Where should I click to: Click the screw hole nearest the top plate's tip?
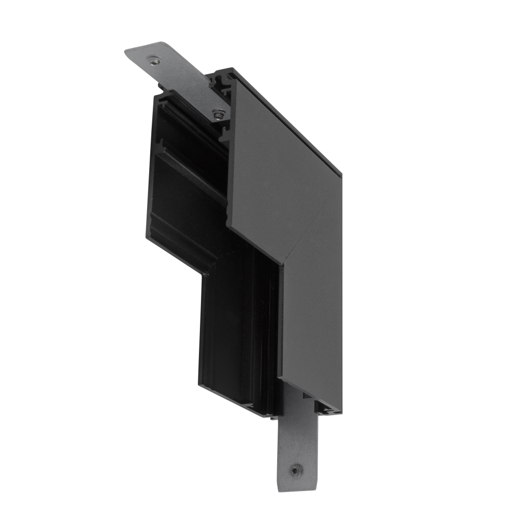[x=154, y=61]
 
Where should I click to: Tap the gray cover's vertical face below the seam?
[x=311, y=321]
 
